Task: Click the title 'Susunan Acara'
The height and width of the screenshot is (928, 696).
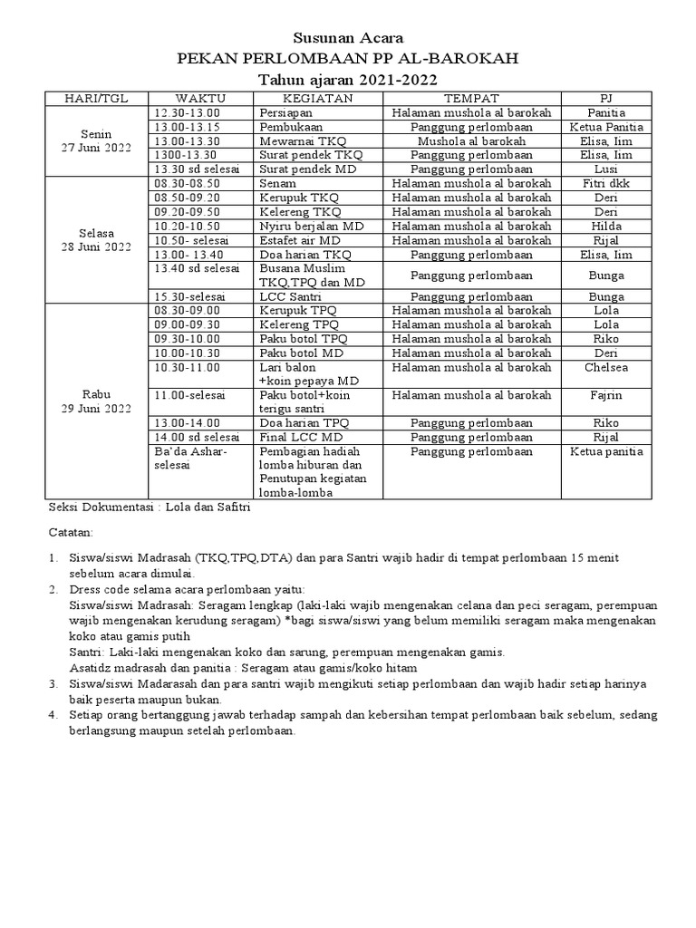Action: click(x=348, y=38)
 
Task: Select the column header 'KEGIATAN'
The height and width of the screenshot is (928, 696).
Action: click(x=319, y=98)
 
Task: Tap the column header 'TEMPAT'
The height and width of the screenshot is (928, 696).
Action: click(x=470, y=98)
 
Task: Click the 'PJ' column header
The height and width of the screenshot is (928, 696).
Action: click(x=605, y=98)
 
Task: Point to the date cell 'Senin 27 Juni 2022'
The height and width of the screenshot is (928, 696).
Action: click(x=96, y=140)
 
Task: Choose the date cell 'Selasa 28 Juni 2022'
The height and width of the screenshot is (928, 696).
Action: click(x=96, y=240)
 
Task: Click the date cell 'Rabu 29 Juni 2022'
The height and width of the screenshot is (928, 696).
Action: click(x=96, y=401)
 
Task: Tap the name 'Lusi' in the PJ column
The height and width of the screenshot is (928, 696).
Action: click(x=605, y=169)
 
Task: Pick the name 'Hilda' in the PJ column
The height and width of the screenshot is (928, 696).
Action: click(x=605, y=227)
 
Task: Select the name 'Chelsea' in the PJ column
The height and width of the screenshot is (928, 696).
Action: click(x=605, y=367)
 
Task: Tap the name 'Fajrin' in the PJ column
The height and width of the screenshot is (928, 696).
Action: click(x=605, y=395)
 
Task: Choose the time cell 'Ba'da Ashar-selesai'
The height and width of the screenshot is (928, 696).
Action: click(x=191, y=458)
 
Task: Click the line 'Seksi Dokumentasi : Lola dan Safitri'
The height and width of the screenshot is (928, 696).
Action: click(x=149, y=507)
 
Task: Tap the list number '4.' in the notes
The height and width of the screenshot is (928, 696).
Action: click(x=53, y=715)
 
